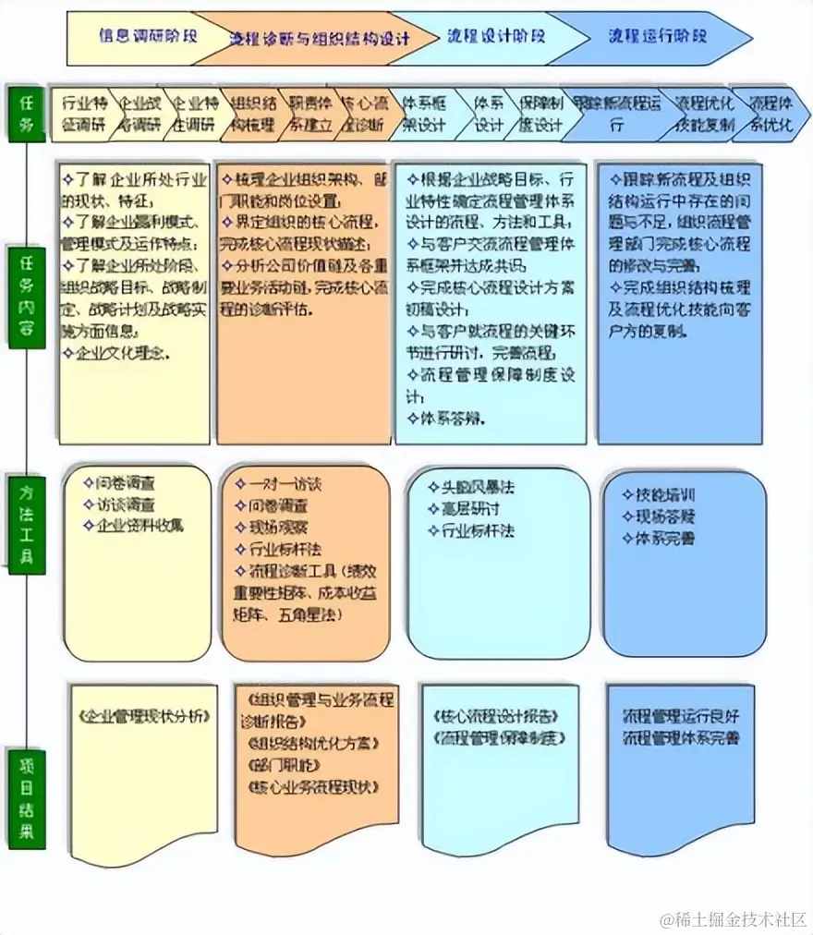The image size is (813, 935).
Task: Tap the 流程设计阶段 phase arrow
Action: pos(495,37)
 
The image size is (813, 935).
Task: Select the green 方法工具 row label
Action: pos(26,523)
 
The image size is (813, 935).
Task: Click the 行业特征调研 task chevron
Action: pos(84,114)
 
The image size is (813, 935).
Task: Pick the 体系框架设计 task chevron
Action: pos(424,114)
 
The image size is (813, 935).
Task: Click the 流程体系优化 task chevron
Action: pos(771,114)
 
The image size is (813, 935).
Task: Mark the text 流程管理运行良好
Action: pos(681,716)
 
